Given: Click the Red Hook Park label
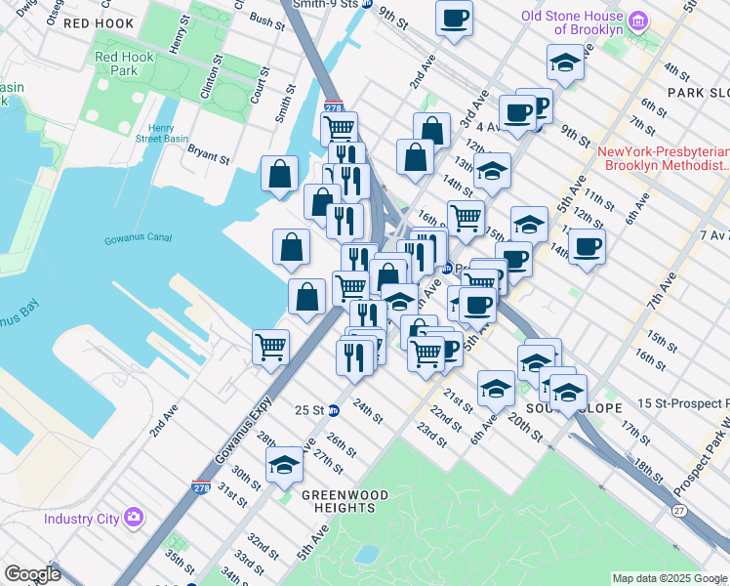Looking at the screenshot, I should pyautogui.click(x=124, y=64).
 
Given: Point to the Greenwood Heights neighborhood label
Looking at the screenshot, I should pyautogui.click(x=339, y=501).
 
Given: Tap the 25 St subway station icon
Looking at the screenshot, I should pyautogui.click(x=334, y=410).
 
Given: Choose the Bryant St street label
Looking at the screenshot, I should pyautogui.click(x=208, y=154).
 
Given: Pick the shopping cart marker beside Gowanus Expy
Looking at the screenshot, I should pyautogui.click(x=270, y=345).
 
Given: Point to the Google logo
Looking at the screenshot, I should pyautogui.click(x=32, y=574).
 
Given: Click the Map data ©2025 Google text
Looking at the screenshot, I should pyautogui.click(x=669, y=578).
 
